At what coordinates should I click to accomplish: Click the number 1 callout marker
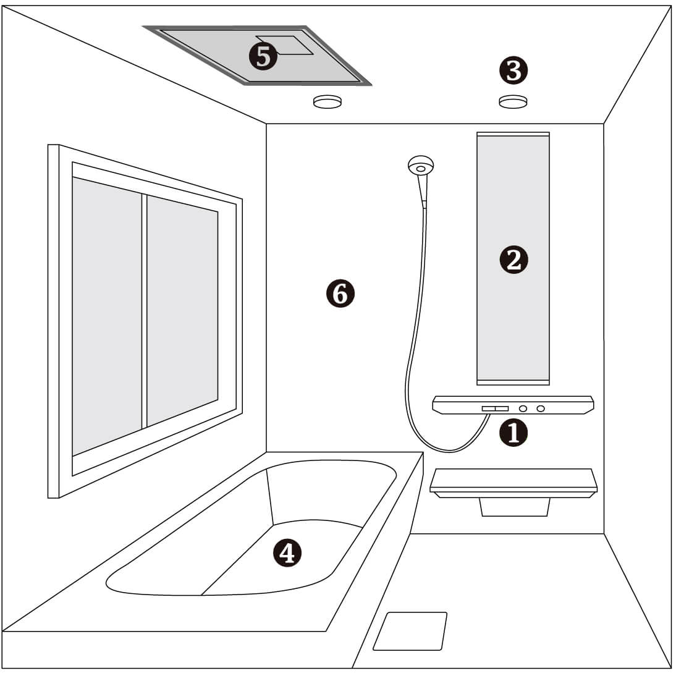pyautogui.click(x=513, y=433)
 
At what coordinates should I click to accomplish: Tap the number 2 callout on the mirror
pyautogui.click(x=513, y=260)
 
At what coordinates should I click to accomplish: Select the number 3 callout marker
pyautogui.click(x=513, y=70)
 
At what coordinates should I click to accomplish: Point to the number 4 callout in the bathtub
pyautogui.click(x=287, y=552)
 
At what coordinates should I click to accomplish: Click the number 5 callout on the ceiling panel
pyautogui.click(x=263, y=56)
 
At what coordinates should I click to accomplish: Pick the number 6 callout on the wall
pyautogui.click(x=340, y=294)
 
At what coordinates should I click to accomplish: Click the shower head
pyautogui.click(x=420, y=166)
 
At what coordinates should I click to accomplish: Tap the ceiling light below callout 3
pyautogui.click(x=513, y=101)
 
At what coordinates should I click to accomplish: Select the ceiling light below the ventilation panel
pyautogui.click(x=327, y=101)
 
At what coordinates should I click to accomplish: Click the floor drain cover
pyautogui.click(x=410, y=631)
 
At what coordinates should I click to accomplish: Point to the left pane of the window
pyautogui.click(x=107, y=316)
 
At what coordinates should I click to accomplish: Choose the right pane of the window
pyautogui.click(x=182, y=310)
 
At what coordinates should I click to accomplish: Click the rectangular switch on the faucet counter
pyautogui.click(x=496, y=408)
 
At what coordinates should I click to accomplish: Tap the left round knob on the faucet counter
pyautogui.click(x=523, y=408)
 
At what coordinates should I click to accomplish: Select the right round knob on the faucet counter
pyautogui.click(x=541, y=408)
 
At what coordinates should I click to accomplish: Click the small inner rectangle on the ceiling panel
pyautogui.click(x=284, y=45)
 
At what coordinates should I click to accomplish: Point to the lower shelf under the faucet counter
pyautogui.click(x=513, y=483)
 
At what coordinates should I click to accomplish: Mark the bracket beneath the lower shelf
pyautogui.click(x=515, y=507)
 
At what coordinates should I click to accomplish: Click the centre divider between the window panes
pyautogui.click(x=145, y=311)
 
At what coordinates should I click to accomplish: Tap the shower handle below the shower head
pyautogui.click(x=423, y=191)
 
